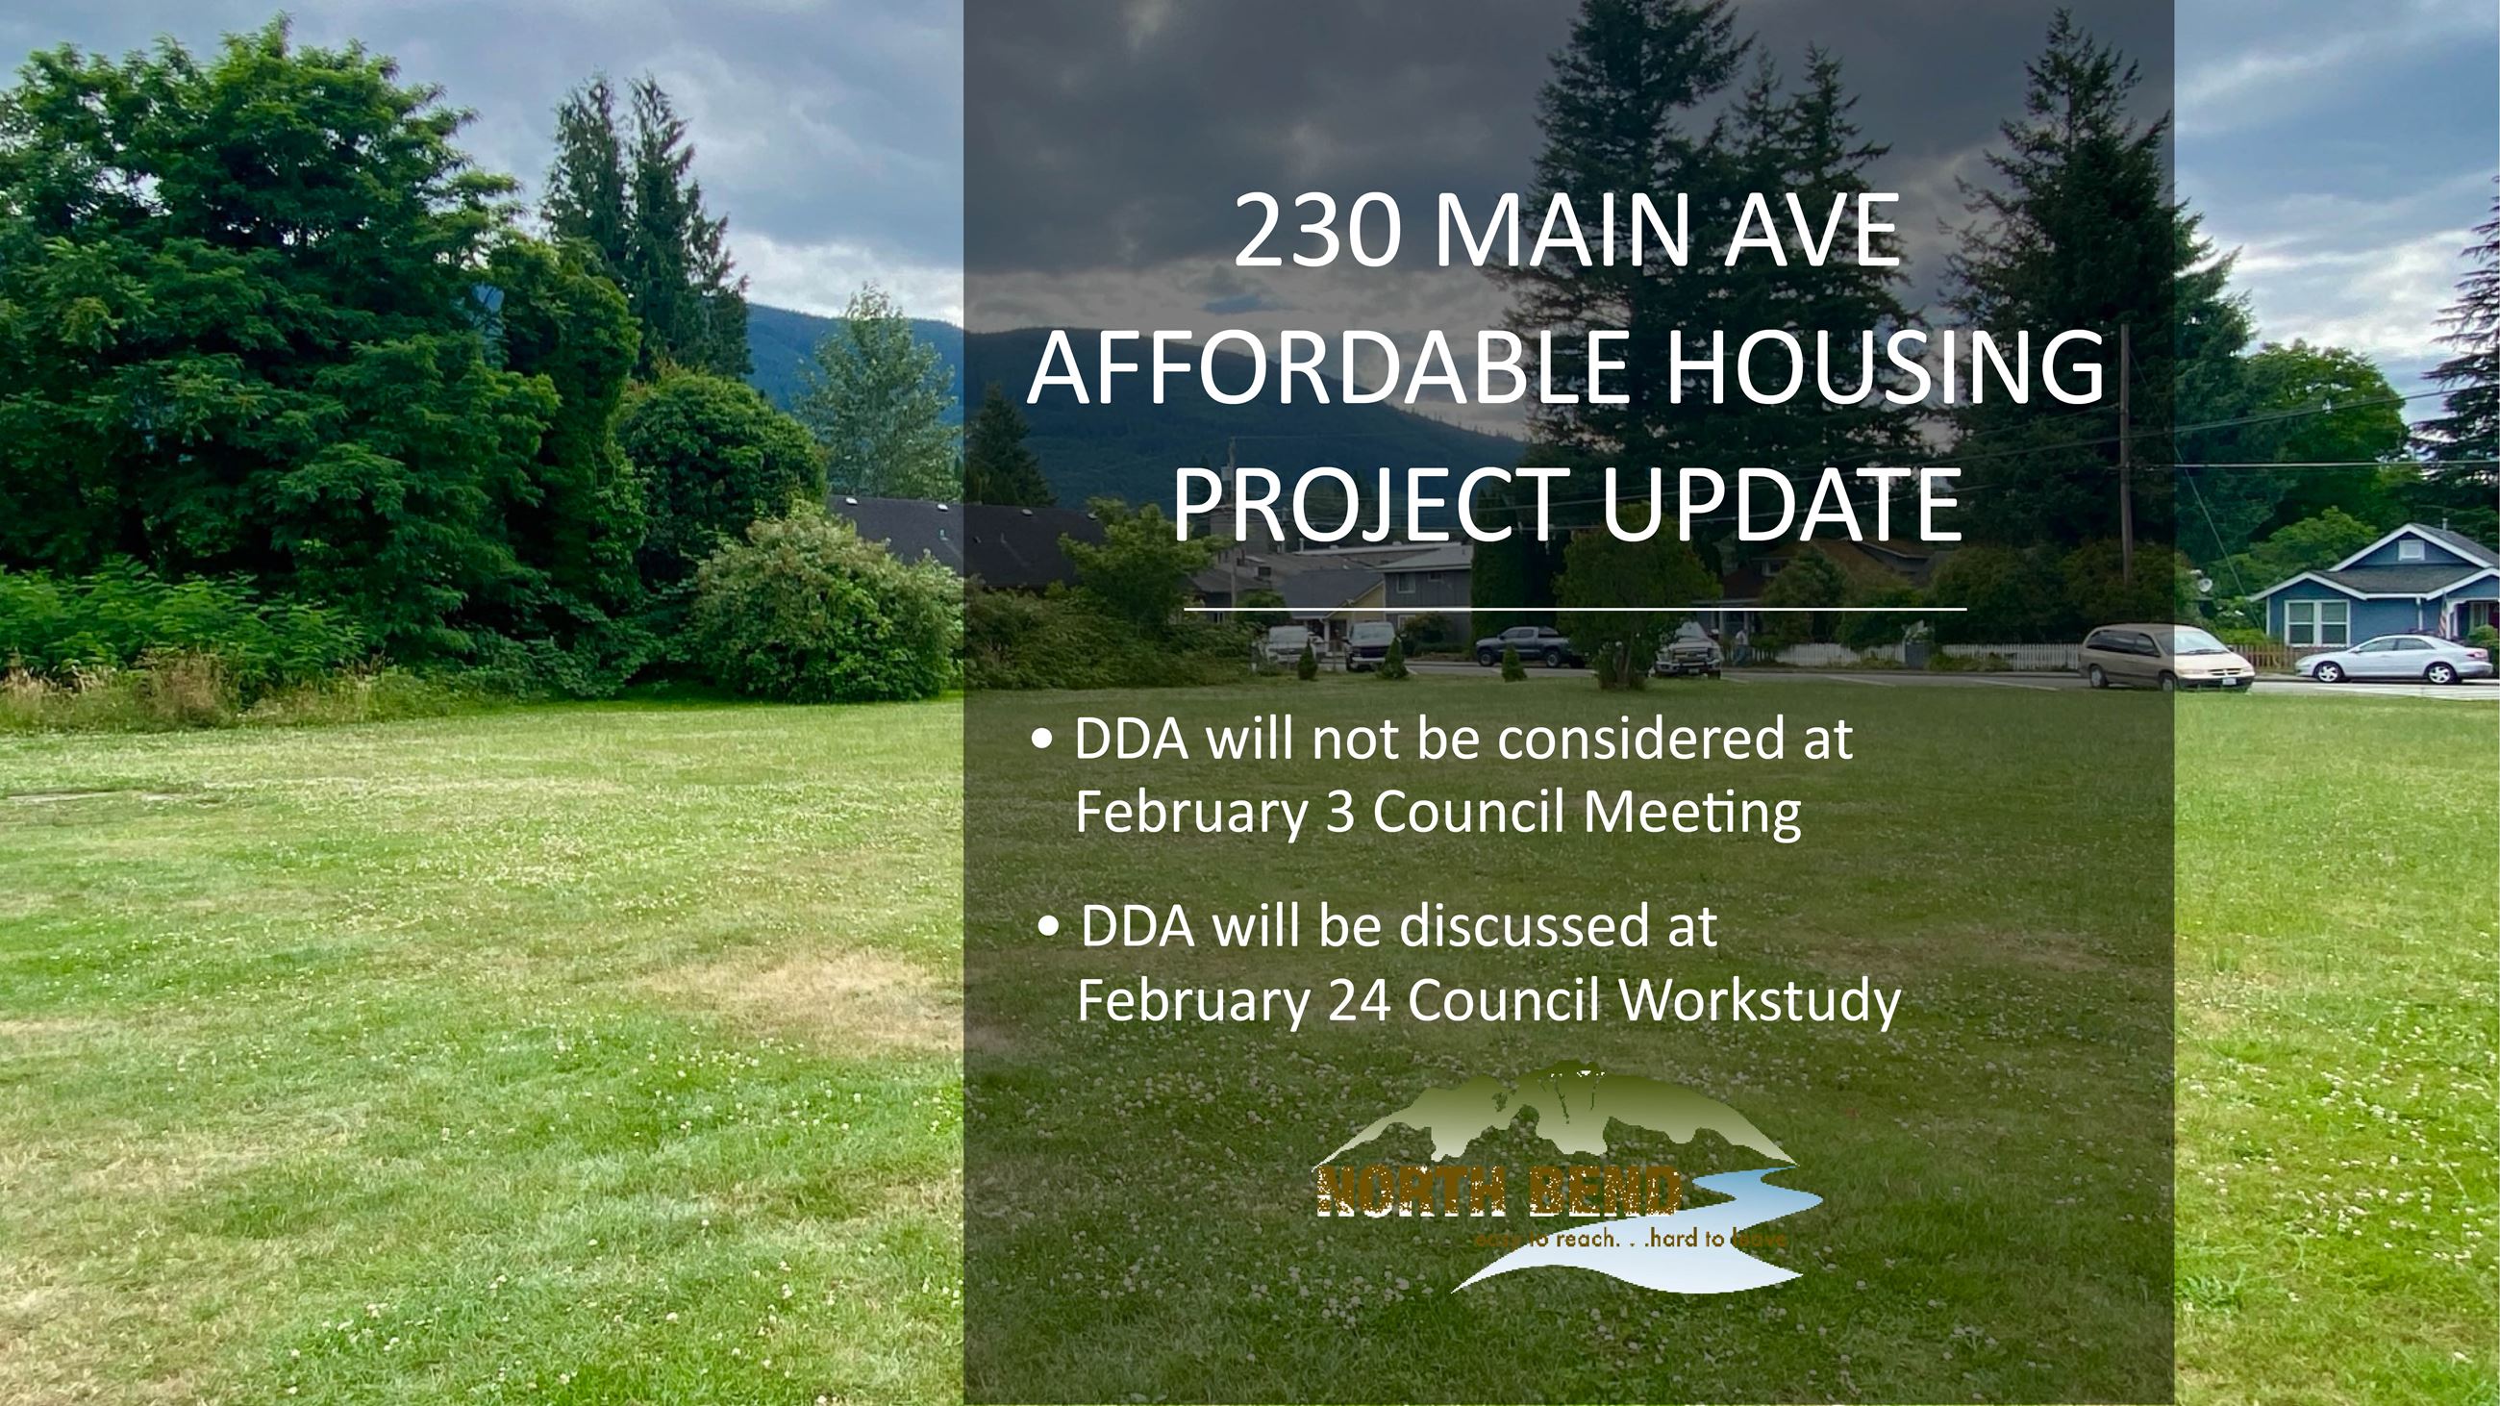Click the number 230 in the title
[1318, 233]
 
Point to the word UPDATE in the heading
[1780, 506]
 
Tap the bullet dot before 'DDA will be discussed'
[1048, 927]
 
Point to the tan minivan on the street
[2164, 657]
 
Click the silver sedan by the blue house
[2392, 659]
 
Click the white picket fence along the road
[1999, 656]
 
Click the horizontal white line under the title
[1575, 610]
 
